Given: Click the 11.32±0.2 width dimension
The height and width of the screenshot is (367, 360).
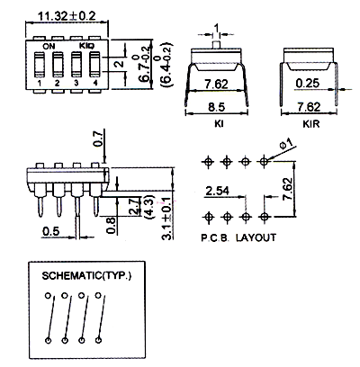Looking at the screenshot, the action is click(x=67, y=15).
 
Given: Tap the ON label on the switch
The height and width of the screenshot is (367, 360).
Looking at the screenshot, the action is click(x=49, y=46).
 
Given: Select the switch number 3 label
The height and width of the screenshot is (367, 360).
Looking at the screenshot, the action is click(x=76, y=83).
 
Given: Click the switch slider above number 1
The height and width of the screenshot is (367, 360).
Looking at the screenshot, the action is click(x=40, y=65).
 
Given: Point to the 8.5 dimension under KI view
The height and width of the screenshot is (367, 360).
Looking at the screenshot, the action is click(x=216, y=106).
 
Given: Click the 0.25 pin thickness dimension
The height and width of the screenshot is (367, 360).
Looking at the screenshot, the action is click(x=308, y=83).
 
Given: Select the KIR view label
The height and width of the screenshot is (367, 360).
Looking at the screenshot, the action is click(x=311, y=124).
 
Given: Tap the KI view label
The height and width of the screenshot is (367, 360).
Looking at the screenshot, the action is click(x=219, y=124).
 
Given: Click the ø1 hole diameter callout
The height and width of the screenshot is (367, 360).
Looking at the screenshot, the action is click(x=286, y=144).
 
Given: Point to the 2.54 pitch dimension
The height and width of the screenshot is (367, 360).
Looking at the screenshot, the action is click(x=218, y=191).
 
